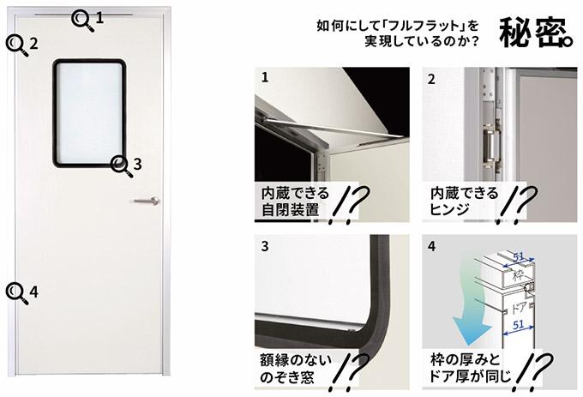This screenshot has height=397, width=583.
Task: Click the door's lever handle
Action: point(147,202)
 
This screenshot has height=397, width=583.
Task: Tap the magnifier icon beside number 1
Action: point(82,21)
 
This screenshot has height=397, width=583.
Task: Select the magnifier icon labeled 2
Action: point(17,45)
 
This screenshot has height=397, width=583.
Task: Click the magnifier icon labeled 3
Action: point(121,166)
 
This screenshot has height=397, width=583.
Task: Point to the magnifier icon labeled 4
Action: point(17,294)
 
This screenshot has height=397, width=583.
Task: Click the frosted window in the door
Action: point(89,113)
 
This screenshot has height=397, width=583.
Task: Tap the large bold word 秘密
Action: point(536,33)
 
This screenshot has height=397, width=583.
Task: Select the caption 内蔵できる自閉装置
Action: point(295,202)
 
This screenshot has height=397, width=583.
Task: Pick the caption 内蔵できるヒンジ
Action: point(464,202)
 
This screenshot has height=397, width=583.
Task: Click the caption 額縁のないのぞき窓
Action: point(295,369)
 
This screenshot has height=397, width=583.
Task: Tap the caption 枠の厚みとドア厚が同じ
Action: point(471,368)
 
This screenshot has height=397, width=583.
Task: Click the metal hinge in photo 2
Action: point(490,146)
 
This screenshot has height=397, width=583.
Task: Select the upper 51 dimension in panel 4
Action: point(519,256)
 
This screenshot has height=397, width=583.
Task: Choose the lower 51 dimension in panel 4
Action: point(519,325)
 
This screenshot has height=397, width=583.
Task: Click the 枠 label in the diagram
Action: point(518,276)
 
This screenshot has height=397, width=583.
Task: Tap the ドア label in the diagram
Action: point(519,308)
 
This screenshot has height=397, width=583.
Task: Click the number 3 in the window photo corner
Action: point(265,246)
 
